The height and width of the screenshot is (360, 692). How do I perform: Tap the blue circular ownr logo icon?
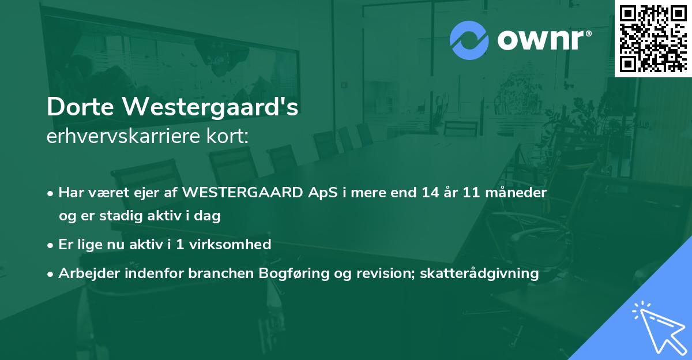[469, 40]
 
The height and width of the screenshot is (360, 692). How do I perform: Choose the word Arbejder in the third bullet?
[86, 273]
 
